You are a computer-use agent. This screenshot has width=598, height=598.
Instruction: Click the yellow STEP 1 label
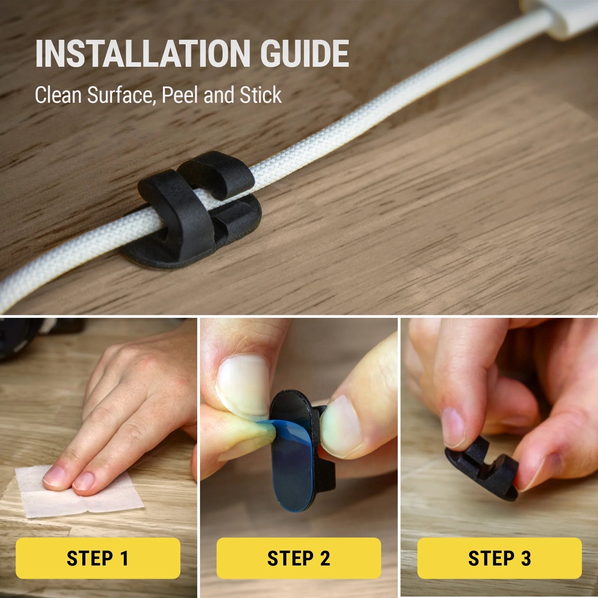coord(98,558)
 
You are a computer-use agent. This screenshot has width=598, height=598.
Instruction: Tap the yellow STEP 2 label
coord(299,558)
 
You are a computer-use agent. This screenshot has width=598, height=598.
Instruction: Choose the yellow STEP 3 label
coord(499,558)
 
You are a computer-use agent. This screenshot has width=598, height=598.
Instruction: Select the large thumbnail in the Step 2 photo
coord(242,380)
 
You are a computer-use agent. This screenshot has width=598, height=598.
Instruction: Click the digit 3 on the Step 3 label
coord(525,558)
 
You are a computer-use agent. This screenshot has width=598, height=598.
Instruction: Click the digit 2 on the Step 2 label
coord(325,558)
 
